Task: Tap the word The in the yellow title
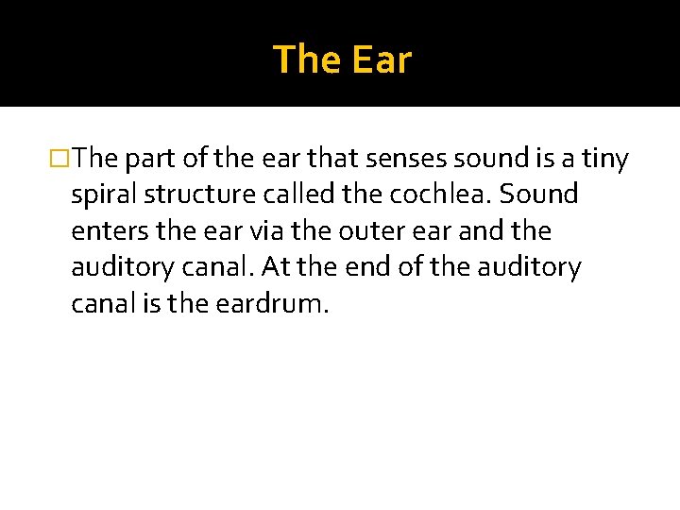click(305, 59)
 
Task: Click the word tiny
click(604, 160)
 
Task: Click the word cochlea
click(445, 195)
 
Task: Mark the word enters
click(105, 231)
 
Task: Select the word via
click(249, 231)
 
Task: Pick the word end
click(366, 267)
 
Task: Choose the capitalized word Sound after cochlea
click(538, 195)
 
